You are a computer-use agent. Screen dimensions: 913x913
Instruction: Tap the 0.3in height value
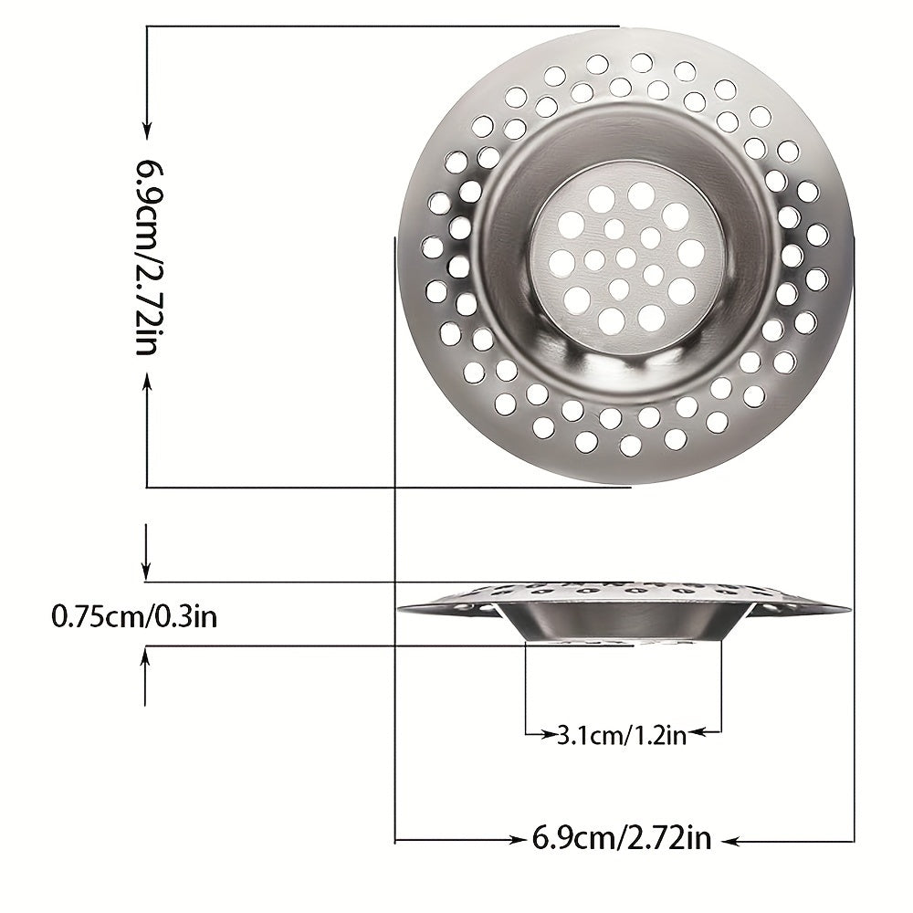pos(184,616)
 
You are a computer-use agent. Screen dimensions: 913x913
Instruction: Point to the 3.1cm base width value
pos(589,735)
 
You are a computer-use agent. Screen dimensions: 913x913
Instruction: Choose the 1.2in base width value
pos(659,735)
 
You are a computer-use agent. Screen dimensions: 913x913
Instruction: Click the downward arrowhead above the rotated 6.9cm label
pos(147,131)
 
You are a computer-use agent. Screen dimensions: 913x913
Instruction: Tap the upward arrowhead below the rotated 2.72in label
pos(147,383)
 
